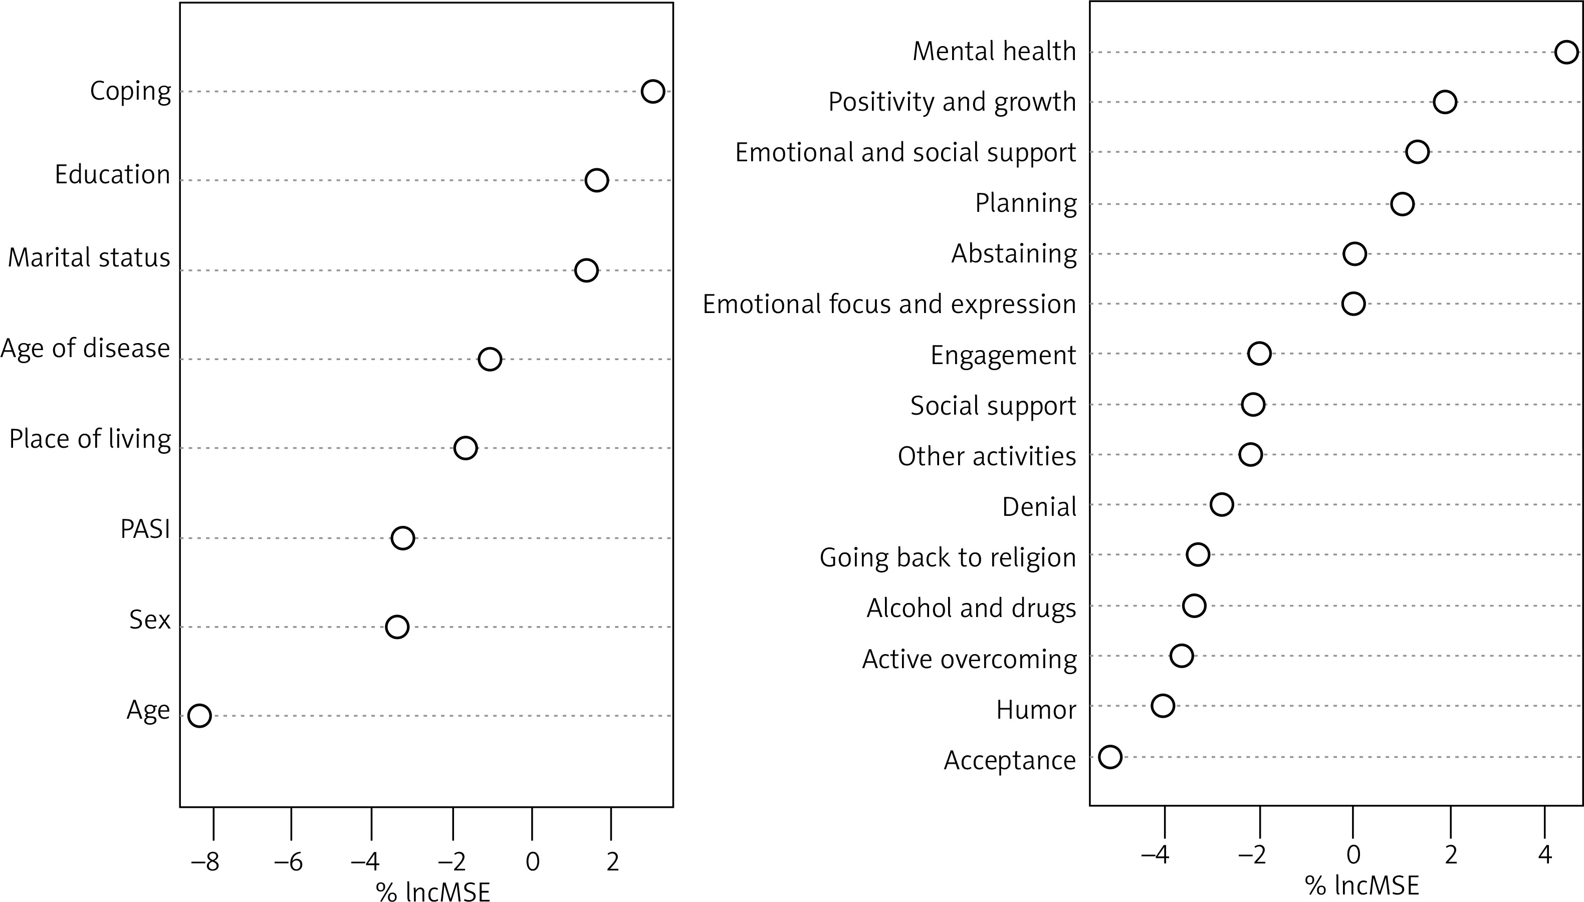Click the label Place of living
pyautogui.click(x=90, y=439)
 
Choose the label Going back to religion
pyautogui.click(x=948, y=557)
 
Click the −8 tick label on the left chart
pyautogui.click(x=205, y=862)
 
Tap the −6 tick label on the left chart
pyautogui.click(x=288, y=862)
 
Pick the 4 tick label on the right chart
pyautogui.click(x=1544, y=855)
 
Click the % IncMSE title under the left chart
pyautogui.click(x=432, y=891)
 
